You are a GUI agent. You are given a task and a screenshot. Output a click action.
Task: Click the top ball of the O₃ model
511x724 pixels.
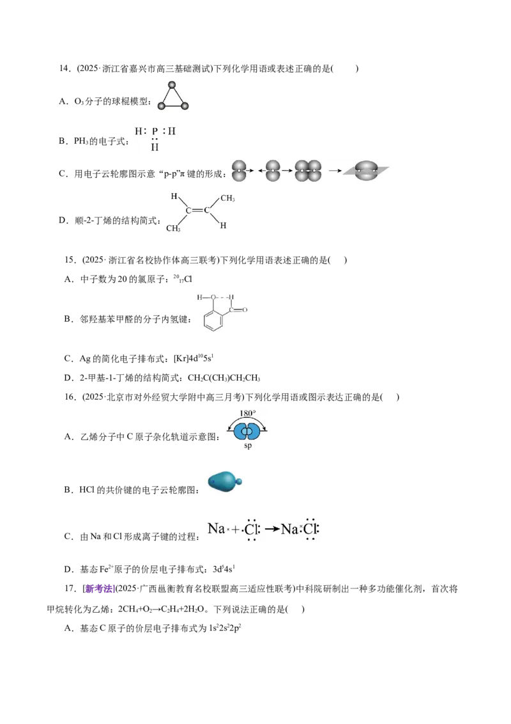(x=172, y=85)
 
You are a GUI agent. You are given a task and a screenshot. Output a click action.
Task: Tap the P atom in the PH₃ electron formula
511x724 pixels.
(x=155, y=131)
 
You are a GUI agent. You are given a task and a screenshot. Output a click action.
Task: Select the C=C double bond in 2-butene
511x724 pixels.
(x=197, y=210)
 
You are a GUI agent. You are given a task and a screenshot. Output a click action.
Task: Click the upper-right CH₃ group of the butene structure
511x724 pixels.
(x=227, y=198)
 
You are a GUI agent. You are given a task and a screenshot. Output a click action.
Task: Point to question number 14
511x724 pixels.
(x=65, y=69)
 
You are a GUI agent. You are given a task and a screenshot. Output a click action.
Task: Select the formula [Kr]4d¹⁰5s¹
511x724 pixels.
(x=194, y=358)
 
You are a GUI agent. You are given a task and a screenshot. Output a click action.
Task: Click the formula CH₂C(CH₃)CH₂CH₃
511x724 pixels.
(x=224, y=378)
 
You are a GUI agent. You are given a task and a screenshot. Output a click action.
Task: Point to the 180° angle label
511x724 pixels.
(x=248, y=413)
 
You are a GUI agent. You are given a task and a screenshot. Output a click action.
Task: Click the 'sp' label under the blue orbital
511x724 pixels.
(x=248, y=446)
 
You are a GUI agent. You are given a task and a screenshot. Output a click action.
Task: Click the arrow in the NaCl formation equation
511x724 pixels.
(x=272, y=529)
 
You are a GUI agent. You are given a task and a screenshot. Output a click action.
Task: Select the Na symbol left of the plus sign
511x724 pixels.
(x=217, y=528)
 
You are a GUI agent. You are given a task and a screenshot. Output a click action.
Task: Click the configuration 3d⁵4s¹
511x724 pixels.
(x=224, y=569)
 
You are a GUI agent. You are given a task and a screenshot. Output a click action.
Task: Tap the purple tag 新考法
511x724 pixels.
(x=99, y=588)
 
